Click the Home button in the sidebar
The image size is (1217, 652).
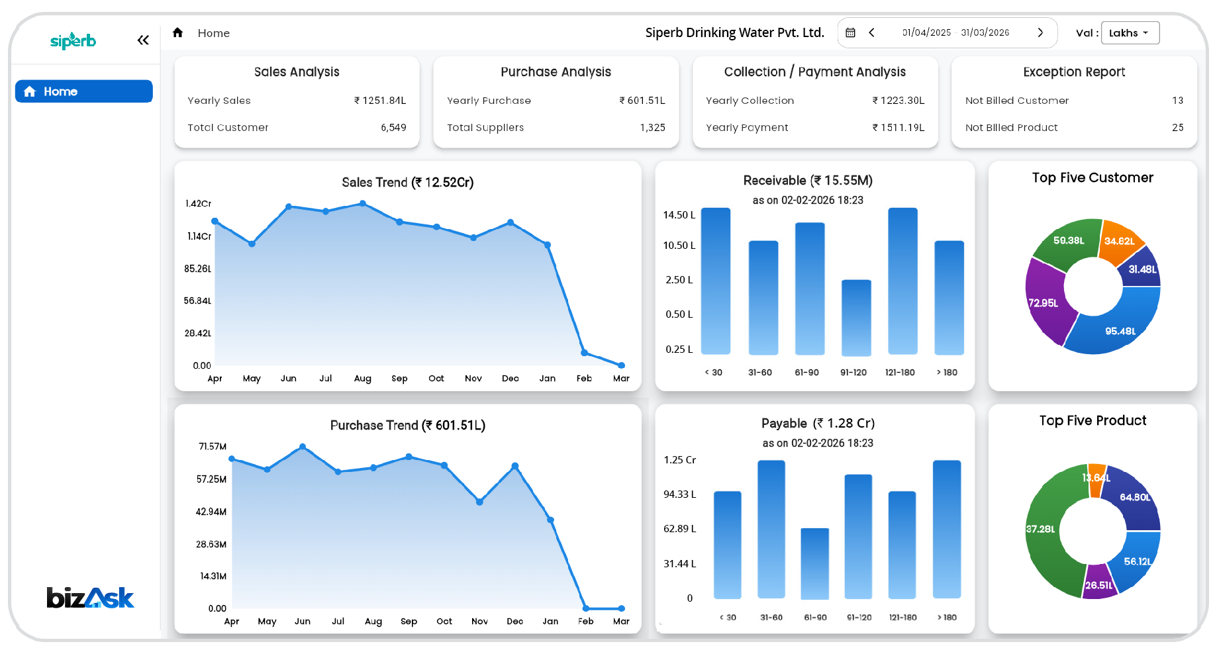(x=84, y=91)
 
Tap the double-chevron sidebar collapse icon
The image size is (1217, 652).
(x=143, y=40)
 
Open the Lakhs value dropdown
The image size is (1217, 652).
(x=1130, y=33)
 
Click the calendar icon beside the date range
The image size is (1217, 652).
(x=851, y=32)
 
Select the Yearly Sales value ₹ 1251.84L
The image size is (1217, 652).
(x=380, y=101)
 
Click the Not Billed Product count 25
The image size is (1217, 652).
(x=1177, y=128)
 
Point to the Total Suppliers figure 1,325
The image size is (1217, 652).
(x=652, y=128)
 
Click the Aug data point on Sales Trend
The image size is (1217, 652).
(x=362, y=204)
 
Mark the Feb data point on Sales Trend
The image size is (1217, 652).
(x=584, y=353)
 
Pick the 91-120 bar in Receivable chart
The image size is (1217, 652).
(x=856, y=318)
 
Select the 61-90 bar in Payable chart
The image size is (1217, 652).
(x=815, y=563)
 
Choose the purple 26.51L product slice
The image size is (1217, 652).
(x=1099, y=582)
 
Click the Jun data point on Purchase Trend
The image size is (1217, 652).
(x=303, y=447)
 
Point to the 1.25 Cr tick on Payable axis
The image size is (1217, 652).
(x=680, y=460)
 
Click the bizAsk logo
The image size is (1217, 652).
(x=90, y=598)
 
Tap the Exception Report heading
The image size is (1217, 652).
(x=1074, y=72)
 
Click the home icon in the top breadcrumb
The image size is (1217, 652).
(x=177, y=32)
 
